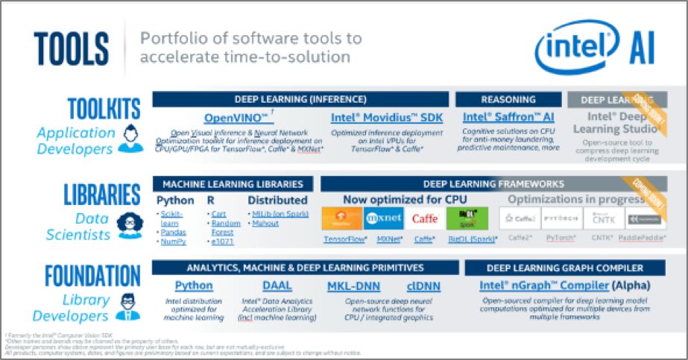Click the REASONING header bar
pos(508,99)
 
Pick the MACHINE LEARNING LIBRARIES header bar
pos(233,183)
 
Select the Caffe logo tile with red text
pos(425,218)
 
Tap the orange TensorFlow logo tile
pos(342,218)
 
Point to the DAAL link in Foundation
pos(277,285)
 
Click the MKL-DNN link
pos(353,285)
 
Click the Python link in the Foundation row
pos(194,285)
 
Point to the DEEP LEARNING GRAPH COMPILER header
pos(564,267)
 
